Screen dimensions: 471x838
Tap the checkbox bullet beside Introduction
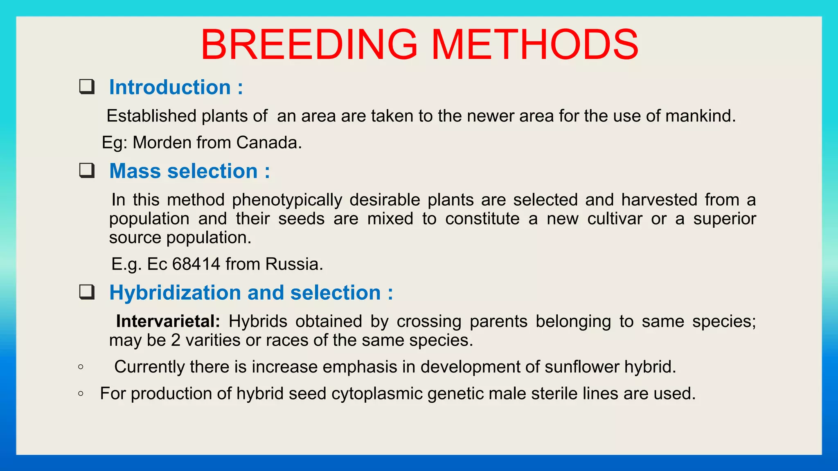(x=87, y=87)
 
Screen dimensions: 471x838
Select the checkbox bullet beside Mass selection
(x=87, y=170)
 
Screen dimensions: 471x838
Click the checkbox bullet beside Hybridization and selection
(x=87, y=292)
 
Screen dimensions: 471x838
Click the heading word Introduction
(x=170, y=87)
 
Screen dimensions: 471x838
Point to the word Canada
(x=268, y=143)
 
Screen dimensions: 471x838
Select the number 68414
(x=196, y=264)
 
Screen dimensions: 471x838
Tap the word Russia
(x=294, y=264)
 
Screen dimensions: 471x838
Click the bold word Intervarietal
(x=168, y=321)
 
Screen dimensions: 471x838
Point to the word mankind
(x=700, y=116)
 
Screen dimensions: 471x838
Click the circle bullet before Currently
(x=81, y=367)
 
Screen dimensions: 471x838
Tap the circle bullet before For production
(x=81, y=394)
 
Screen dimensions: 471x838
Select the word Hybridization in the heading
(x=175, y=293)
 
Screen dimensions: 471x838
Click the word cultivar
(x=615, y=219)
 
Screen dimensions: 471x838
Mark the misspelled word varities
(x=213, y=340)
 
